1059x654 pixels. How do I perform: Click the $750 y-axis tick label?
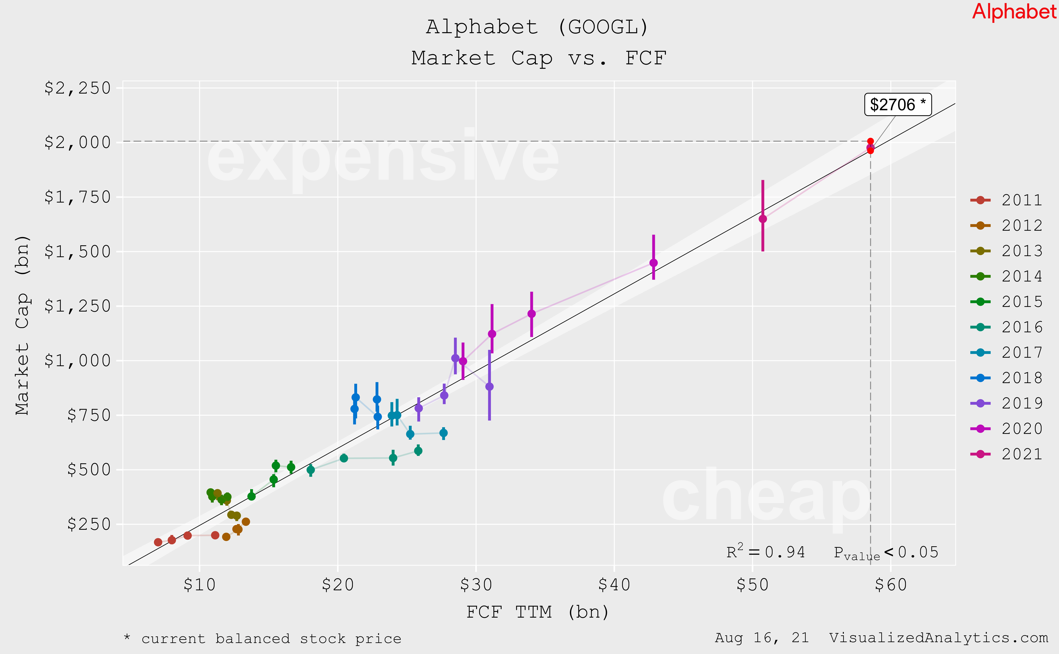89,415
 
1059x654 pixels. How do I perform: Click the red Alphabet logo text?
1014,12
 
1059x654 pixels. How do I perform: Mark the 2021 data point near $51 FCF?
762,219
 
